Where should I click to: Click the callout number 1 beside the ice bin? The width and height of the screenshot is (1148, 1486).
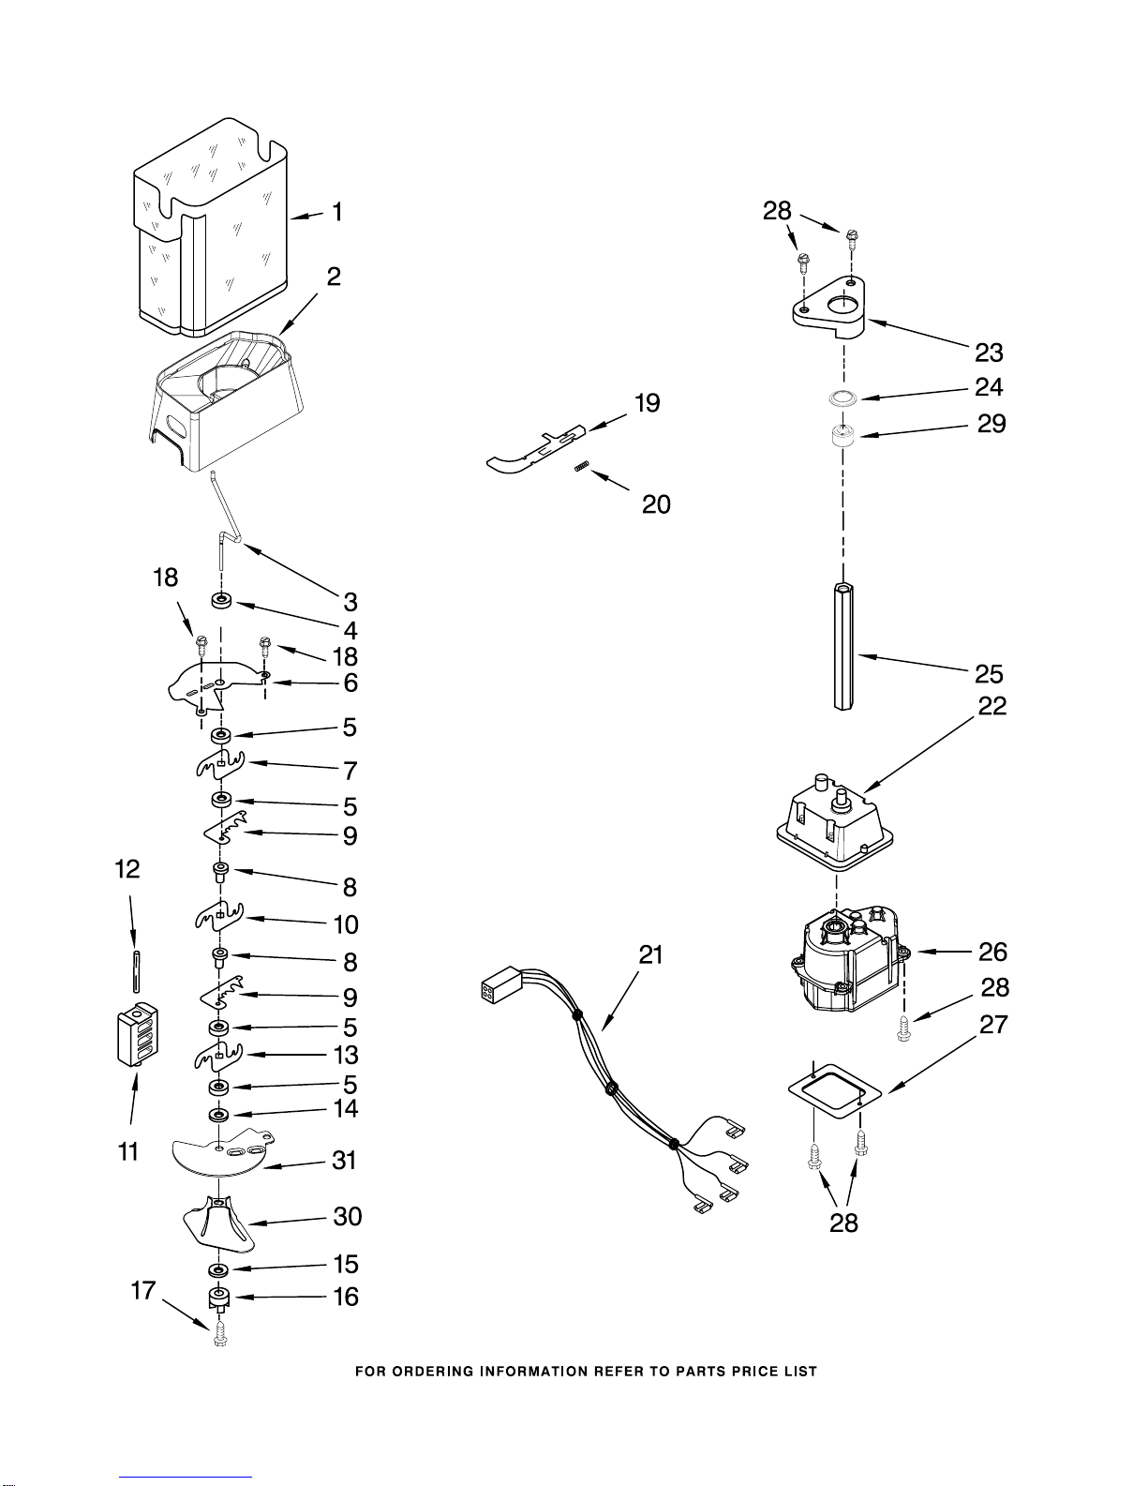(336, 212)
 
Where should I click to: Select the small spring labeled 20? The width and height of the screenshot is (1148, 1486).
(581, 466)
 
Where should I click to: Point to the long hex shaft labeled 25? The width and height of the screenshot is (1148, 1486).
(844, 646)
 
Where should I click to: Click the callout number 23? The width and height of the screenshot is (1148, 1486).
(989, 353)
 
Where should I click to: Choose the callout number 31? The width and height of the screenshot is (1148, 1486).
(345, 1161)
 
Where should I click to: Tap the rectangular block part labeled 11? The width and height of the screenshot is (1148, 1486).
(138, 1035)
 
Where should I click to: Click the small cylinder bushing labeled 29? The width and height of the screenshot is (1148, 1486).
(843, 436)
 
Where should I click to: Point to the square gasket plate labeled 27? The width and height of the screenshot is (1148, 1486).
(835, 1090)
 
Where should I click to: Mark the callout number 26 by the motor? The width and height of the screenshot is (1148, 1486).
(992, 952)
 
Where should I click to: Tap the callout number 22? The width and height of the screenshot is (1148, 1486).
(992, 706)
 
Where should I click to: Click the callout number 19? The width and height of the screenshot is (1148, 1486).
(648, 403)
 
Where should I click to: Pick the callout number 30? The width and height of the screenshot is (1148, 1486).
(347, 1216)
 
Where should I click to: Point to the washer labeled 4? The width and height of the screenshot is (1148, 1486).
(221, 602)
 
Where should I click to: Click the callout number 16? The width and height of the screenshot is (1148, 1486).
(346, 1297)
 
